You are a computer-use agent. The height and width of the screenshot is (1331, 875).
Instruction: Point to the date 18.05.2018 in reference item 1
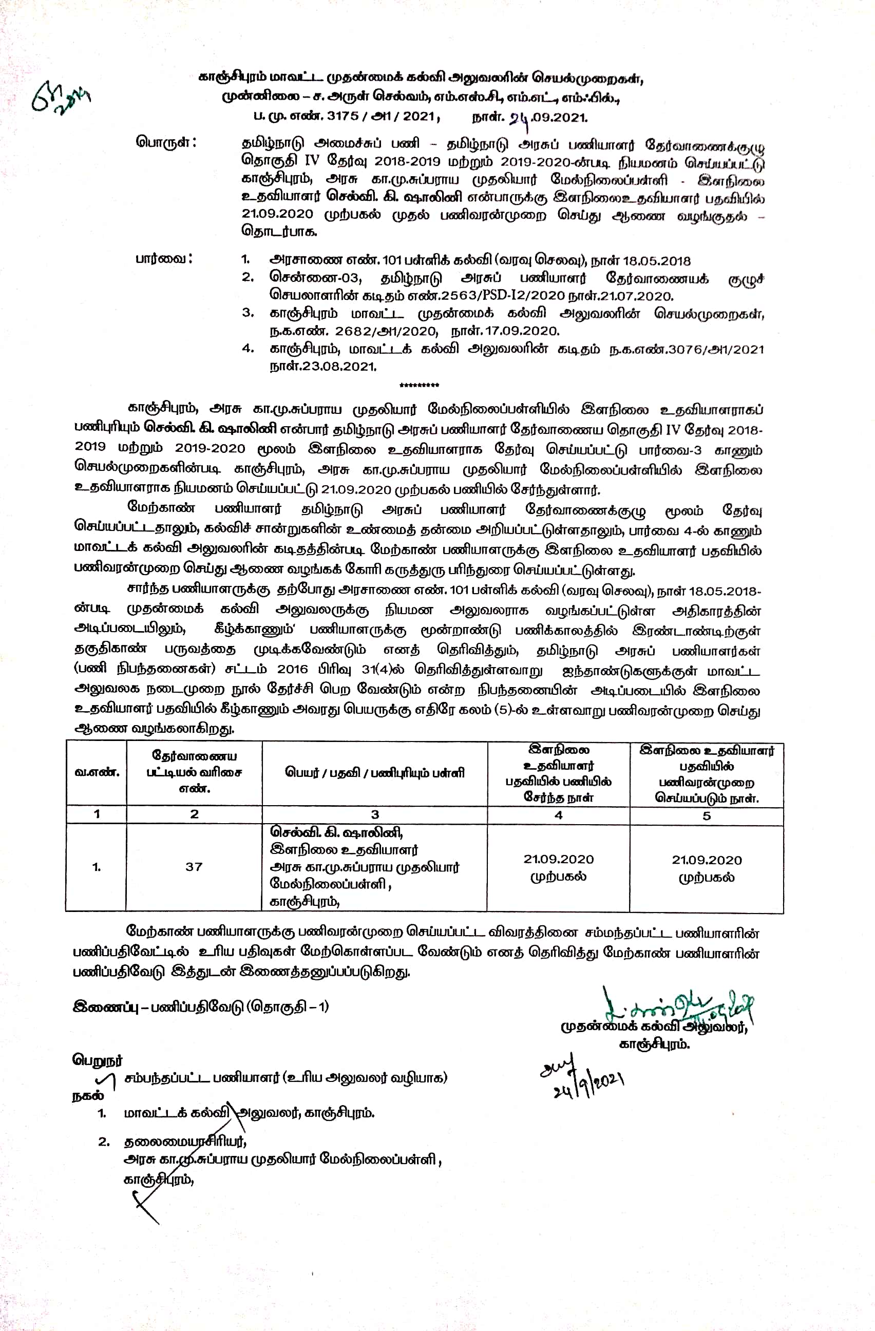click(x=656, y=261)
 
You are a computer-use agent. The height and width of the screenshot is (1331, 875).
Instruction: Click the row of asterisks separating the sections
click(x=420, y=385)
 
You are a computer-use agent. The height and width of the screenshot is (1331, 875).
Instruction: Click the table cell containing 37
click(x=194, y=866)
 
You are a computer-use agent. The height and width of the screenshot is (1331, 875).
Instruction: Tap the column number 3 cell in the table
click(x=375, y=814)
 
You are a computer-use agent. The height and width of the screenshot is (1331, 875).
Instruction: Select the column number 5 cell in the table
click(x=706, y=815)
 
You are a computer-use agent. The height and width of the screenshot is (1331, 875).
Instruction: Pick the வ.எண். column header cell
click(x=97, y=772)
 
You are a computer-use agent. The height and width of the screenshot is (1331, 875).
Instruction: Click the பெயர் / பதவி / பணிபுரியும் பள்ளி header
click(x=375, y=773)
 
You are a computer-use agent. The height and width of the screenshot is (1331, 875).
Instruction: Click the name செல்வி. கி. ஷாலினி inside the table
click(x=336, y=832)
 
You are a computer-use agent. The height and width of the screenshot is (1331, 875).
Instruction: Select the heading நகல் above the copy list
click(x=88, y=1095)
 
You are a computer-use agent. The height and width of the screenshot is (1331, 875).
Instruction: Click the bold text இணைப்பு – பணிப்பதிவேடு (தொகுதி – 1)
click(x=201, y=1006)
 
